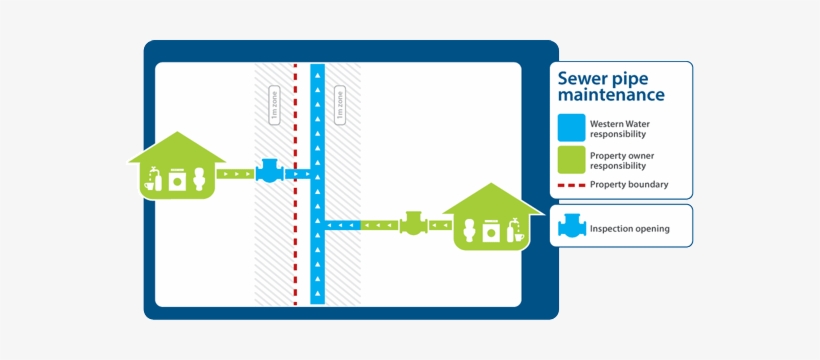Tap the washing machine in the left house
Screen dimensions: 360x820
[177, 179]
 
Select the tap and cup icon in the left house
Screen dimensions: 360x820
[152, 179]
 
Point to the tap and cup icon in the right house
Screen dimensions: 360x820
[516, 229]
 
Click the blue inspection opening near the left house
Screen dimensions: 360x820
[269, 172]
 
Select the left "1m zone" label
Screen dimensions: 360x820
[275, 105]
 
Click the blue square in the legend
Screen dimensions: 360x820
[571, 127]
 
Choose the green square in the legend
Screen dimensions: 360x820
[571, 159]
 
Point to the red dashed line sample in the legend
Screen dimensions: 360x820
[571, 185]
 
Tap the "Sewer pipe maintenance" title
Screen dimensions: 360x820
[610, 86]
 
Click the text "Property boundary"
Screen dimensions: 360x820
[628, 185]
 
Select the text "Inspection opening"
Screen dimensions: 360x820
[629, 229]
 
